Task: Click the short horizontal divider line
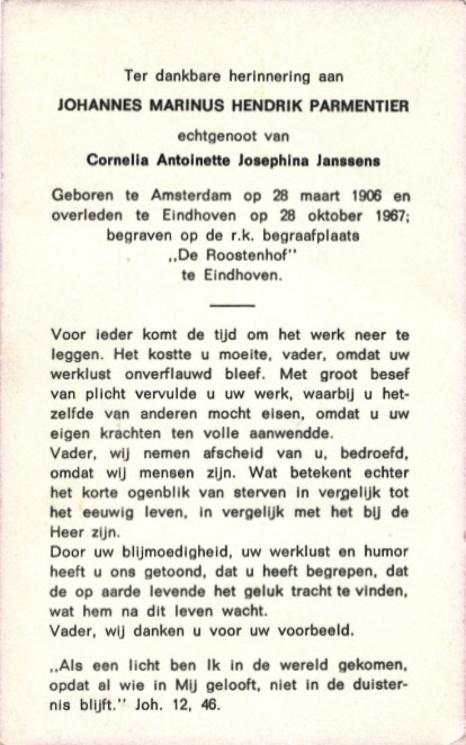pos(232,306)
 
